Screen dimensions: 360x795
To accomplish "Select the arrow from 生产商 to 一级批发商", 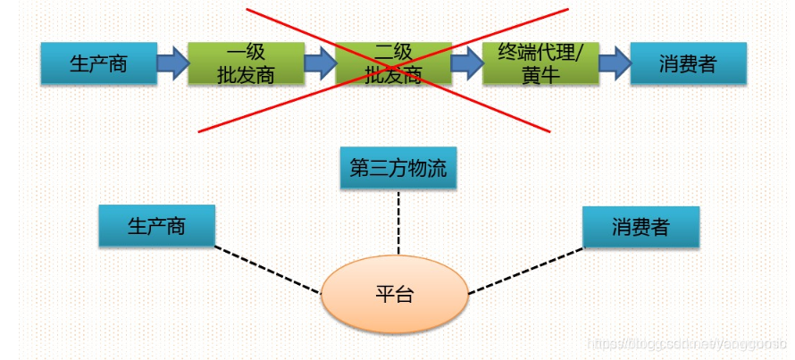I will coord(172,63).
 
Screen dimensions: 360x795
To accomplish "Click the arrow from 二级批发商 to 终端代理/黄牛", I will coord(466,63).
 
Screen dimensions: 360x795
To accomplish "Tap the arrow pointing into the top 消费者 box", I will coord(614,63).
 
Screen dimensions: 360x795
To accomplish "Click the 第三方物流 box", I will coord(398,169).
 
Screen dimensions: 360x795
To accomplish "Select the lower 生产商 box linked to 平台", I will coord(156,225).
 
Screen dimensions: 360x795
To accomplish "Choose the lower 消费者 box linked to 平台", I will coord(640,227).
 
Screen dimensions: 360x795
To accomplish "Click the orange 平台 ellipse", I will coord(394,294).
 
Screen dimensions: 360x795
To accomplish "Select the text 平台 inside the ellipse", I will coord(394,295).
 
